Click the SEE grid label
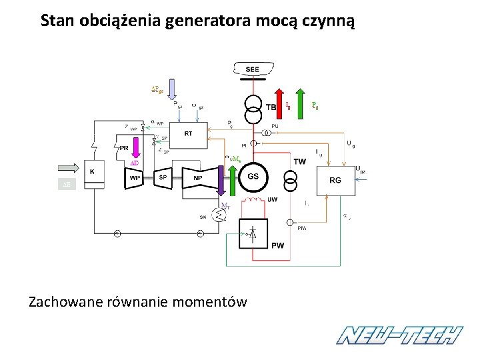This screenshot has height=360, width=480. pos(252,69)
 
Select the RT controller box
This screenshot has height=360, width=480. pos(188,134)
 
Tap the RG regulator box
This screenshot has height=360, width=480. pos(335,180)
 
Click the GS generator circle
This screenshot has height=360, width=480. pos(253,177)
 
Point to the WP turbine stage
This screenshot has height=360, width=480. pos(134,177)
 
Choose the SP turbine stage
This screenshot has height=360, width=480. pos(163,177)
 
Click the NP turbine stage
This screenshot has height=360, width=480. pos(198,177)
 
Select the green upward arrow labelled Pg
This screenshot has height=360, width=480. pos(302,100)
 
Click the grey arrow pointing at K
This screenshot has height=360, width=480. pos(69,167)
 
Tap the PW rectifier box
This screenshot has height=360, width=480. pos(254,235)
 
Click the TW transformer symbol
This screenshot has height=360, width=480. pos(291,179)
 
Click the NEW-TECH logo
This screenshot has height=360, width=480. pos(399,335)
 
